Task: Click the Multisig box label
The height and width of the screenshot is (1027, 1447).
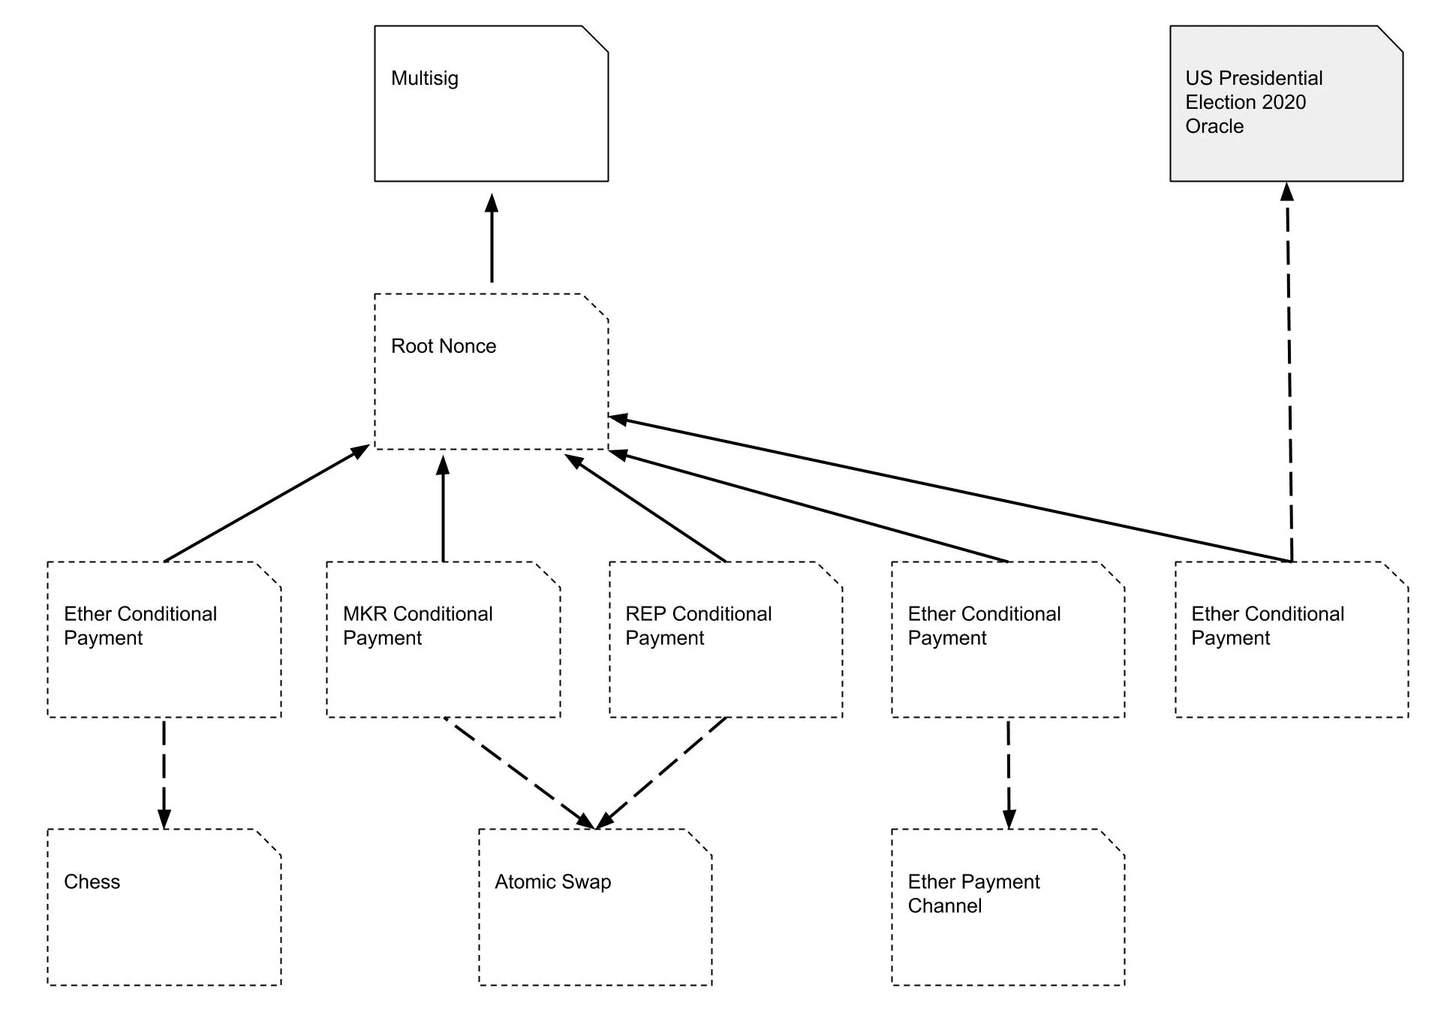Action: coord(424,78)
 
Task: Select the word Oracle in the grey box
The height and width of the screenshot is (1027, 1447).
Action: coord(1214,126)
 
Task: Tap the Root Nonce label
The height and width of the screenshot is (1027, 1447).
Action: coord(443,346)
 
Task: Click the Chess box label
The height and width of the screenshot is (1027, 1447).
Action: coord(92,881)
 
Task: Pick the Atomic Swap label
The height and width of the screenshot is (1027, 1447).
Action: coord(552,881)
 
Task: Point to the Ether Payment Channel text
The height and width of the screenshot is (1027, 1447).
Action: coord(973,893)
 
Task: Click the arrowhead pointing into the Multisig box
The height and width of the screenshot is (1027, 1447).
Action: coord(492,203)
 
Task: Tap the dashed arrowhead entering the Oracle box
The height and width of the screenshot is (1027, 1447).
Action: coord(1287,192)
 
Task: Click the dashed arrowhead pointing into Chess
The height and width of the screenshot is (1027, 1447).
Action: coord(164,818)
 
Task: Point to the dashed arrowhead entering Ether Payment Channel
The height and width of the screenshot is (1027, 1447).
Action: coord(1009,818)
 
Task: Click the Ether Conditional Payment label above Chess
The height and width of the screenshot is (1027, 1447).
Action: coord(140,625)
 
